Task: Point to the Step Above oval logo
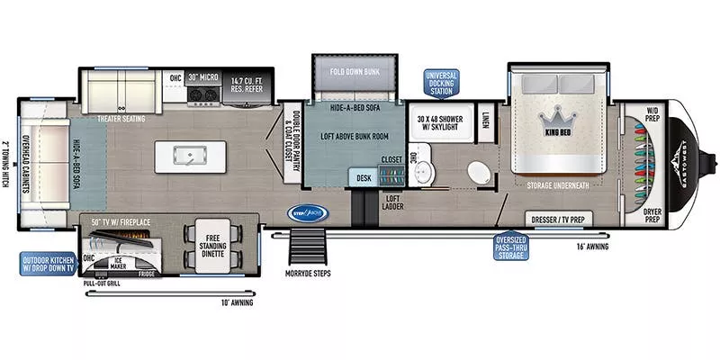pos(308,213)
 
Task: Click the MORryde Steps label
pos(307,274)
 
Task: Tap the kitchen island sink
pos(190,157)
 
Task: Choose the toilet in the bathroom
pos(476,172)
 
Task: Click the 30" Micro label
pos(202,77)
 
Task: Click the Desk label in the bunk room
pos(364,178)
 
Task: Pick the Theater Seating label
pos(120,119)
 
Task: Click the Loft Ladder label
pos(391,203)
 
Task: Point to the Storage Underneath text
pos(558,185)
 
